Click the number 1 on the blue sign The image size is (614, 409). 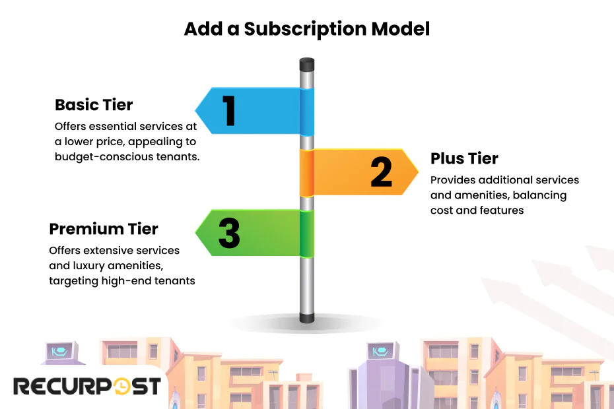coord(229,111)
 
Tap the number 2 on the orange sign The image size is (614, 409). coord(381,172)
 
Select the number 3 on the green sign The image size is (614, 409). coord(229,234)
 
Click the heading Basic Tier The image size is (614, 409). coord(94,105)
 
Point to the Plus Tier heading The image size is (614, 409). coord(464,158)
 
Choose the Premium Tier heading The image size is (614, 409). coord(104,229)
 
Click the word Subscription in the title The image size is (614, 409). coord(304,29)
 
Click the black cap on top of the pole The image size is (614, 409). coord(306,65)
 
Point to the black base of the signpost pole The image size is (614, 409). coord(306,318)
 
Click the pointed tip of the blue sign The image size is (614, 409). coord(197,111)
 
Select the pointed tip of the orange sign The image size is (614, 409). coord(417,172)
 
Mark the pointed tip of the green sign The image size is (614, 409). coord(197,233)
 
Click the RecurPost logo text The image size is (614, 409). coord(86,386)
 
